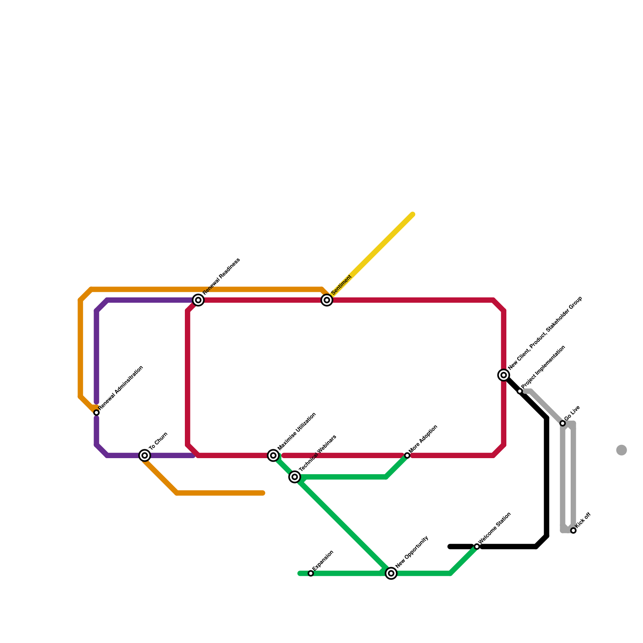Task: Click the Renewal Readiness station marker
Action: pyautogui.click(x=198, y=300)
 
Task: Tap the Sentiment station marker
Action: pyautogui.click(x=327, y=300)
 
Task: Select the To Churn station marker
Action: pyautogui.click(x=145, y=455)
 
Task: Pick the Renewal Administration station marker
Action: pyautogui.click(x=96, y=413)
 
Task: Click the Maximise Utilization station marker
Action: pyautogui.click(x=273, y=455)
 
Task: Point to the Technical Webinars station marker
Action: pyautogui.click(x=295, y=477)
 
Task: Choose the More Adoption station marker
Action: pyautogui.click(x=407, y=455)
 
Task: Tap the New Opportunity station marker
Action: pyautogui.click(x=391, y=573)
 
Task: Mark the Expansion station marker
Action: pyautogui.click(x=311, y=573)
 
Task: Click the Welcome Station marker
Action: pyautogui.click(x=477, y=547)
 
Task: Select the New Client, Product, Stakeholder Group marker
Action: pyautogui.click(x=504, y=375)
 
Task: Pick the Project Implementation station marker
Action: pyautogui.click(x=520, y=391)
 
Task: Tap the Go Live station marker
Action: pyautogui.click(x=563, y=423)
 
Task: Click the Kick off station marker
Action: pyautogui.click(x=573, y=530)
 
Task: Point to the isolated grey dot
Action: pyautogui.click(x=621, y=450)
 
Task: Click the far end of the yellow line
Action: pyautogui.click(x=413, y=214)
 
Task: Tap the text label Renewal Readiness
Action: pyautogui.click(x=221, y=276)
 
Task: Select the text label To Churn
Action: pyautogui.click(x=158, y=441)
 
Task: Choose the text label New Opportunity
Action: pyautogui.click(x=412, y=552)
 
